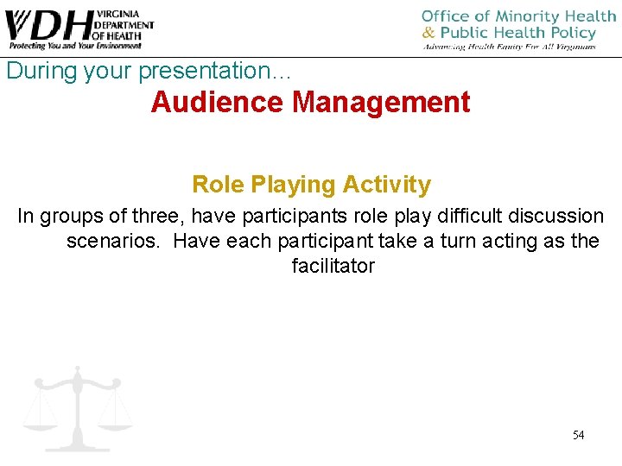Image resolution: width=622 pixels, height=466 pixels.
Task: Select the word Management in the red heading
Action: (381, 103)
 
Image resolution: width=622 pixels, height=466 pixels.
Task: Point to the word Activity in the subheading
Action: (386, 185)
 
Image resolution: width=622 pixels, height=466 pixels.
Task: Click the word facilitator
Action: (333, 266)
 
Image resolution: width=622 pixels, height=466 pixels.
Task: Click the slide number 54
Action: (578, 435)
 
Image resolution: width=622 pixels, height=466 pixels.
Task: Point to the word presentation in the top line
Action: (186, 71)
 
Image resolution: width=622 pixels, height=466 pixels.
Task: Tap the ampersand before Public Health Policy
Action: (428, 33)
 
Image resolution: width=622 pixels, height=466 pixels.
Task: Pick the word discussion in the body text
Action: (555, 216)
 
